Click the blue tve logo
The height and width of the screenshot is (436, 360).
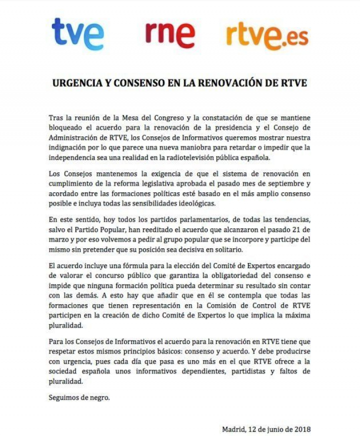pos(77,34)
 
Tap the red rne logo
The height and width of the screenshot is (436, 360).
pos(169,34)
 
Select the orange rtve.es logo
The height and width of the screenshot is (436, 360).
pos(267,35)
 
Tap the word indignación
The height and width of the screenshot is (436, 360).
pos(70,148)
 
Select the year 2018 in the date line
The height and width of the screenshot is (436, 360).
pos(302,429)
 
